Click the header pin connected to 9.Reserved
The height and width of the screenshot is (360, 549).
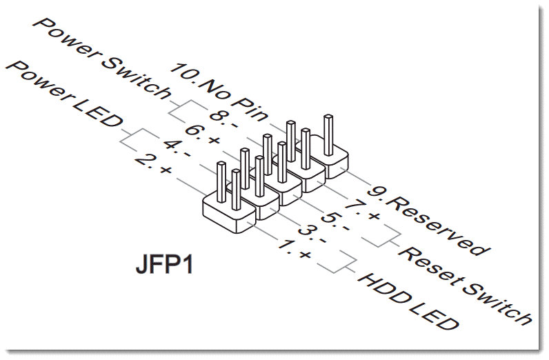(329, 134)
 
